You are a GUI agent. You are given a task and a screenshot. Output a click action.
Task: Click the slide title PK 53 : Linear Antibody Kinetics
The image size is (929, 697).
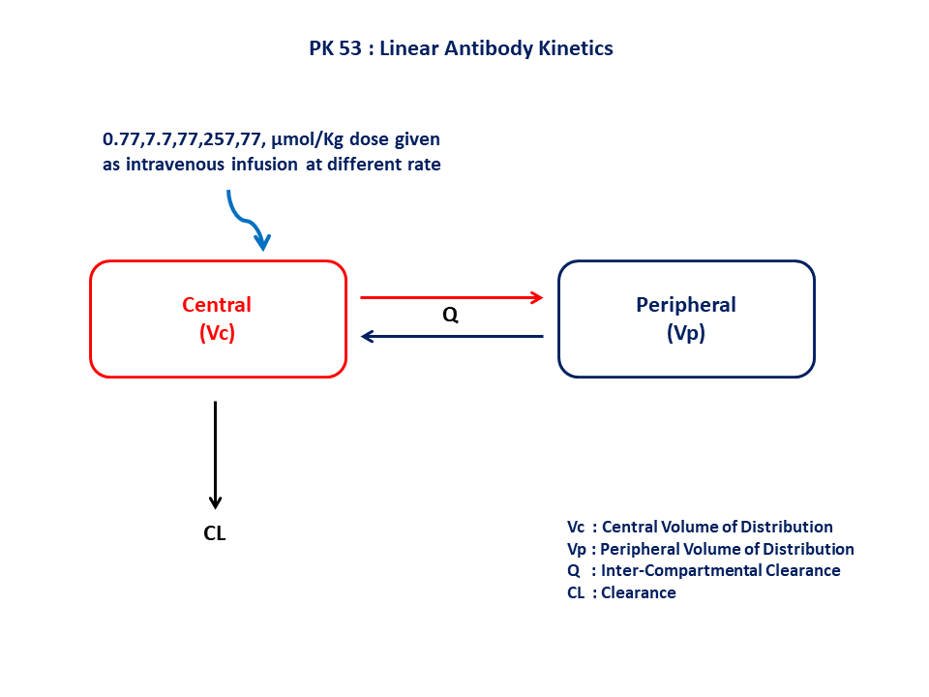coord(461,47)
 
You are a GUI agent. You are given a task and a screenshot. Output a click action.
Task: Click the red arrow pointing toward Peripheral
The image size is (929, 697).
coord(452,297)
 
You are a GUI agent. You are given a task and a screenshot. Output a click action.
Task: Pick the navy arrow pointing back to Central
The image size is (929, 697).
coord(452,337)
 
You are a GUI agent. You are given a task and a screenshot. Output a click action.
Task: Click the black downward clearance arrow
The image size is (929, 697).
coord(215,455)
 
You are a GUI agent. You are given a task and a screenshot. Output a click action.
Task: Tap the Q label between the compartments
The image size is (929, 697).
coord(450,317)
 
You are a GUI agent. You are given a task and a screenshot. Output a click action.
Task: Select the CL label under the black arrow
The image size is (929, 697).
coord(215,533)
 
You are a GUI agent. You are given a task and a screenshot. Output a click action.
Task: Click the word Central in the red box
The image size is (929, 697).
coord(217,305)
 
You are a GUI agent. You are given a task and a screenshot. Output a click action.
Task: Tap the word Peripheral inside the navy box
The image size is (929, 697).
coord(685,305)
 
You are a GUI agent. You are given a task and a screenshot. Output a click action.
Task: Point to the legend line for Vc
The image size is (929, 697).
coord(700,527)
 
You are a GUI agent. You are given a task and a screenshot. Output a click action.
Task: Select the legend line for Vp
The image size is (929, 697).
coord(710,549)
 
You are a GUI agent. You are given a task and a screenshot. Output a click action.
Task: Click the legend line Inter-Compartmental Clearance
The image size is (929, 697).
coord(704,570)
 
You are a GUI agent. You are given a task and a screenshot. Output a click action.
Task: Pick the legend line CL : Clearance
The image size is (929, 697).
coord(621,592)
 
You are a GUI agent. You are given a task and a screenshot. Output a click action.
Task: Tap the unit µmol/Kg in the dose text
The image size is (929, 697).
coord(311,139)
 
